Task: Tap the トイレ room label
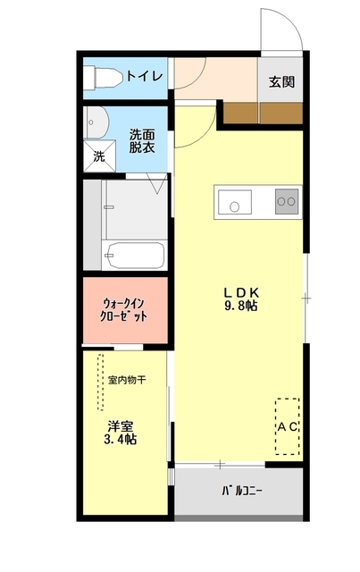click(x=144, y=77)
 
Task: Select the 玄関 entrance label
click(x=280, y=81)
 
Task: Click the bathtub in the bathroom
click(x=133, y=256)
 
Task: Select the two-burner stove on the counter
click(x=286, y=202)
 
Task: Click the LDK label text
click(x=240, y=291)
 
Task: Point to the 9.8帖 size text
click(x=240, y=307)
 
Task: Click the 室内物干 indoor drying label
click(x=126, y=380)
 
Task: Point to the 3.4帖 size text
click(x=120, y=440)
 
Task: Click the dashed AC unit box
click(x=287, y=426)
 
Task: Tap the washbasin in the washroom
click(x=96, y=122)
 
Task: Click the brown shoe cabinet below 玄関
click(x=259, y=112)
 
